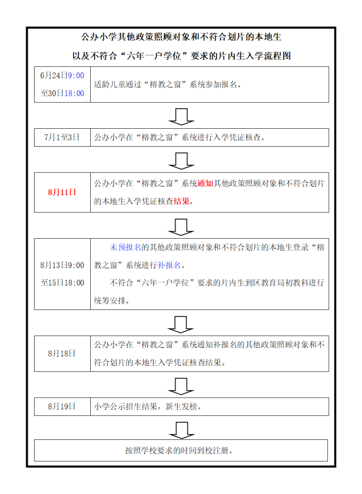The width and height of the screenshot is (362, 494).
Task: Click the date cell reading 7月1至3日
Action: click(62, 137)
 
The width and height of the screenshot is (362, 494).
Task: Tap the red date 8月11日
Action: click(62, 192)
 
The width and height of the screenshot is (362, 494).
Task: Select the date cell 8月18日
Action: click(62, 354)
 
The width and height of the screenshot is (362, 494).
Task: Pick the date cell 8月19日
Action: click(62, 407)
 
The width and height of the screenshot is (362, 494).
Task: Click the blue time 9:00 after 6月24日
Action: click(76, 76)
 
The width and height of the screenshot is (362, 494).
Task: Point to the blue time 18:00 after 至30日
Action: click(74, 93)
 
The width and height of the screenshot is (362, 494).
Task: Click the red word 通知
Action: click(205, 183)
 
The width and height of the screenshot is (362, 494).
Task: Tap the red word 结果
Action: click(182, 201)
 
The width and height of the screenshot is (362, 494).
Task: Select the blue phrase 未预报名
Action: click(125, 247)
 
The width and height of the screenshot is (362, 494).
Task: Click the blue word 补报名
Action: click(169, 265)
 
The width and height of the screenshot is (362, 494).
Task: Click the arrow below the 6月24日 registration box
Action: click(181, 117)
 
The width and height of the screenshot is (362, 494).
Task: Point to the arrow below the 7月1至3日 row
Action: click(181, 161)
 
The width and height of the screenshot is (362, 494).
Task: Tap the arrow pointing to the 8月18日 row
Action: click(181, 324)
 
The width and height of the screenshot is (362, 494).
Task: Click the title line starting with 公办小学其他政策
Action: click(181, 37)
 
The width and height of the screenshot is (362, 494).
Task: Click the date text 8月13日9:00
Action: click(62, 265)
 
